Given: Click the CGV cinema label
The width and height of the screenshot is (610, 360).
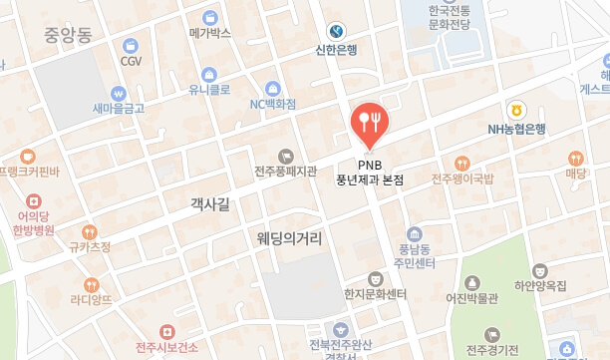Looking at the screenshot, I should coord(131,61).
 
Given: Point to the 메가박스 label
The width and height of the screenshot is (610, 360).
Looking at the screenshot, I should coord(209,33).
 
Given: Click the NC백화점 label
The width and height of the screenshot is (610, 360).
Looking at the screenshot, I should coord(272,103).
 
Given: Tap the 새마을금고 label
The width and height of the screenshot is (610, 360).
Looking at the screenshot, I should coord(119,108).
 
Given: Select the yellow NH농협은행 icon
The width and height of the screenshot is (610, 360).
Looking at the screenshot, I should coord(516,109).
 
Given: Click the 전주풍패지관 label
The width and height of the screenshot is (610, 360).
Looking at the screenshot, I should coord(285,171).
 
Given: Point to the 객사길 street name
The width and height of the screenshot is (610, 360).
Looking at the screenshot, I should coord(209,204).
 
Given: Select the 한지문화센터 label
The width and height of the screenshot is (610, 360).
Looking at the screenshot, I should coord(376,294).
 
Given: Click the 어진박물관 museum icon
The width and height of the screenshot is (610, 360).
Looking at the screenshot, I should coord(471,281).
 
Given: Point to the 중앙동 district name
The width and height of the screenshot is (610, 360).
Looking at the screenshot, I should coord(68,37).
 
